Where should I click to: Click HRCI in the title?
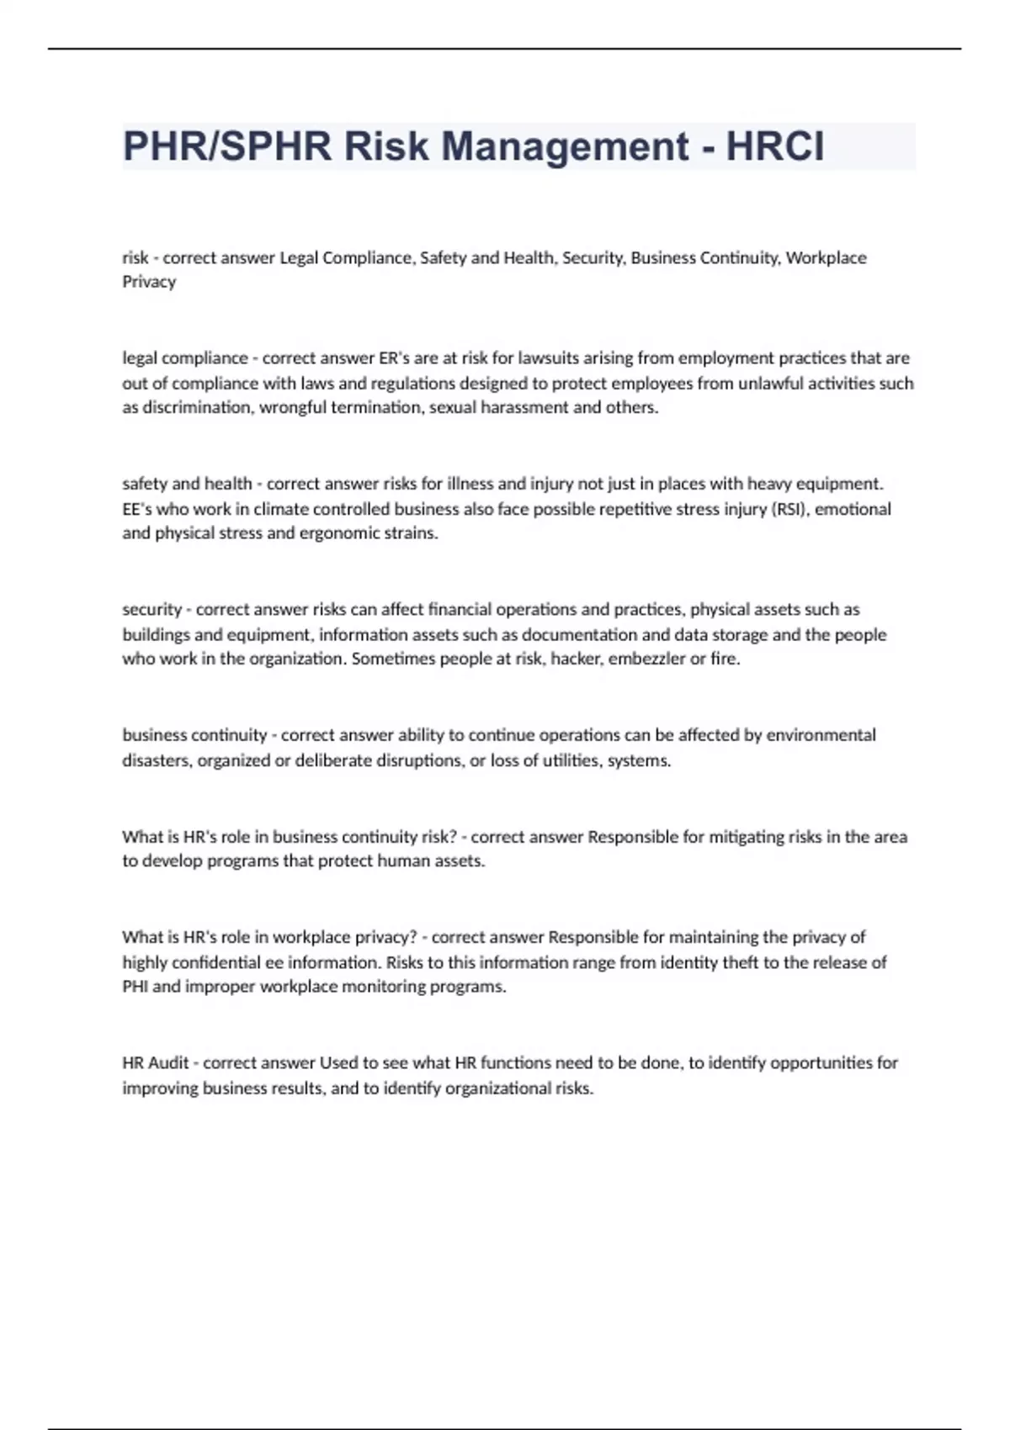pos(774,146)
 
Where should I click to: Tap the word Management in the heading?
pos(565,146)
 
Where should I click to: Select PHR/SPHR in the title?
pos(227,146)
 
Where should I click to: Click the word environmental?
pos(821,735)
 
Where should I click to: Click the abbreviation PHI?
pos(135,987)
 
